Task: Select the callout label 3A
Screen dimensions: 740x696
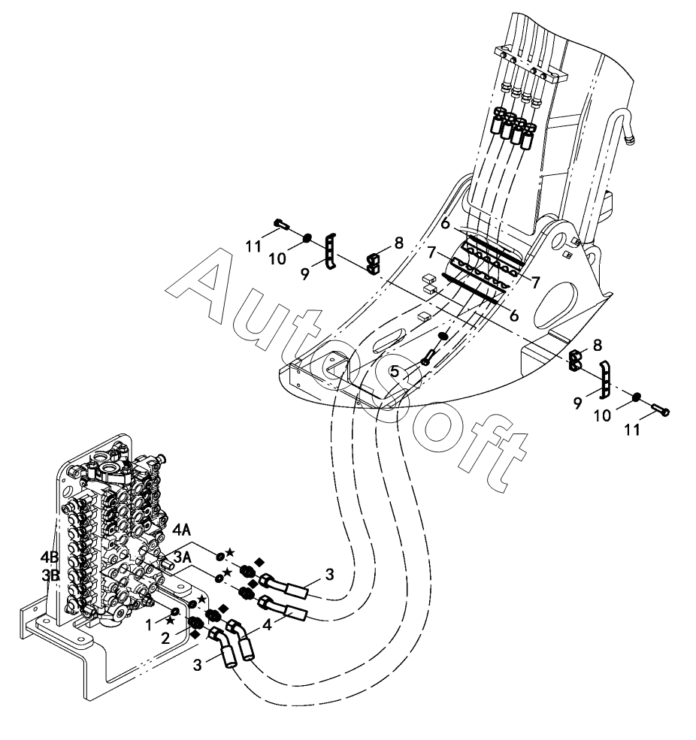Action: (x=183, y=556)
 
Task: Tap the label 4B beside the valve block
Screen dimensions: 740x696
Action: (x=50, y=557)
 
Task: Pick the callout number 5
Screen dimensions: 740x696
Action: (x=394, y=371)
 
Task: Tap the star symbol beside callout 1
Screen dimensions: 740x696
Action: (x=171, y=621)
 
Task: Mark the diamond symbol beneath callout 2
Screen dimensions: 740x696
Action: (x=195, y=635)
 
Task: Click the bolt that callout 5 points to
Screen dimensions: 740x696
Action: (x=428, y=355)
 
